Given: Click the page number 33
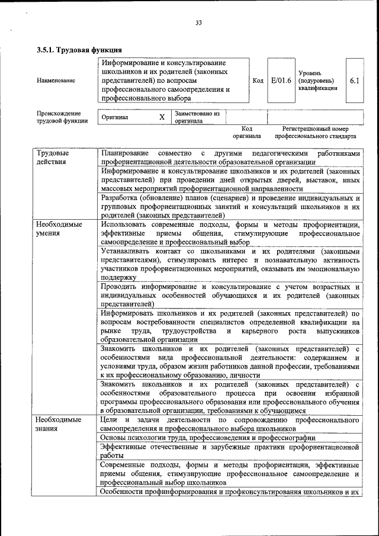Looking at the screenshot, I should (198, 23).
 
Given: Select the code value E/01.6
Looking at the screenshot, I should (281, 80).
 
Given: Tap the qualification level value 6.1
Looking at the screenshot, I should (355, 80).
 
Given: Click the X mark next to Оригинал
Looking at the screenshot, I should (162, 117).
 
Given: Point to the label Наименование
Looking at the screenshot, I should (56, 81).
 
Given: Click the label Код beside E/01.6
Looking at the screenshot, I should (258, 81).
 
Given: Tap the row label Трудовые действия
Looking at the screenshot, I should (52, 157).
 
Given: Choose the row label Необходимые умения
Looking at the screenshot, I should (59, 229).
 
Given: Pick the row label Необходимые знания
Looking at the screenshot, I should (59, 424).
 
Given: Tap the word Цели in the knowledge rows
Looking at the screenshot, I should (110, 420).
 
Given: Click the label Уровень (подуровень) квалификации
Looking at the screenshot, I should (317, 80).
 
